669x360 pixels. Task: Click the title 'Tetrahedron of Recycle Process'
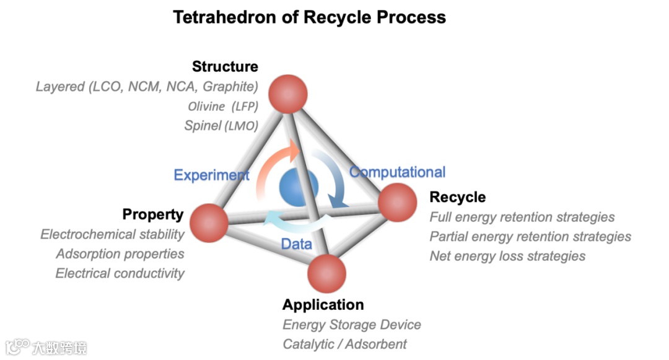(309, 17)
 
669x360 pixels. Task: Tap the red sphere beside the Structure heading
(288, 94)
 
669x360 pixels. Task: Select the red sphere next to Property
(209, 223)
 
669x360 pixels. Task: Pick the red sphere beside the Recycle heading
(397, 202)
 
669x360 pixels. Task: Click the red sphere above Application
(327, 273)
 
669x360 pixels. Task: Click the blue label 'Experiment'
(211, 175)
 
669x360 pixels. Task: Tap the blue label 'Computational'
(398, 172)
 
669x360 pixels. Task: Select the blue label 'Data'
(296, 244)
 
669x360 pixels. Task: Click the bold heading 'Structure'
(225, 66)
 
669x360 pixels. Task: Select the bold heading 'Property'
(153, 214)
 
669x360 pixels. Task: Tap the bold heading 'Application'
(323, 305)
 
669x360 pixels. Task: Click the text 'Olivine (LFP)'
(223, 106)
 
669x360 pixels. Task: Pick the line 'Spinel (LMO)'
(221, 126)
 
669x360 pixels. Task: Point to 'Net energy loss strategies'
(507, 256)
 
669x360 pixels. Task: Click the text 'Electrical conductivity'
(120, 273)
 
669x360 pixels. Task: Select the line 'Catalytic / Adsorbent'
(344, 344)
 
